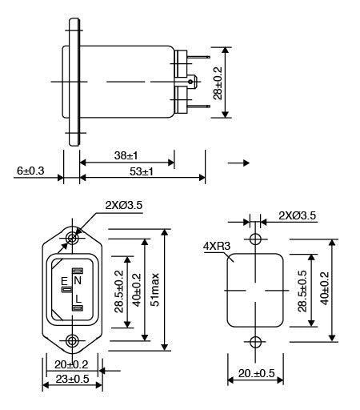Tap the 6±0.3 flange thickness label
tap(30, 171)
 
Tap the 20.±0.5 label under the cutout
tap(256, 374)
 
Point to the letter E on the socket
tap(65, 282)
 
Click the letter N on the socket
tap(78, 280)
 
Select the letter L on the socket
tap(78, 299)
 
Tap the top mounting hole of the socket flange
tap(73, 239)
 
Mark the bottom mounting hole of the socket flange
tap(73, 341)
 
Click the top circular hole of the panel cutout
tap(255, 239)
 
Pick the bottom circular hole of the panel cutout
tap(255, 342)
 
